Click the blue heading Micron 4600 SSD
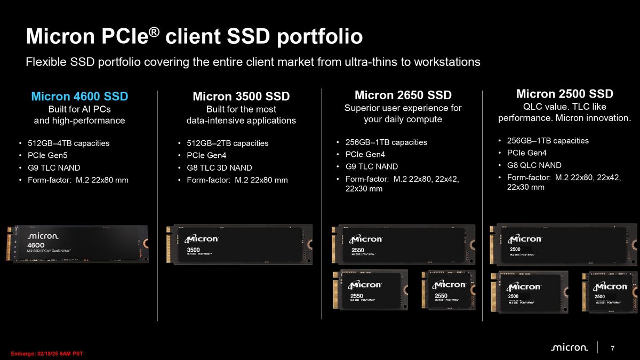click(x=79, y=97)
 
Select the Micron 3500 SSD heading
click(x=241, y=97)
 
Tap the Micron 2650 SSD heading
click(x=403, y=95)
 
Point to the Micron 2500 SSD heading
click(x=564, y=94)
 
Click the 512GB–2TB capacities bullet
click(x=228, y=143)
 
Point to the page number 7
click(x=613, y=348)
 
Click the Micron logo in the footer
click(x=569, y=348)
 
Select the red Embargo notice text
click(x=47, y=354)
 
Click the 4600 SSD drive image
click(x=77, y=243)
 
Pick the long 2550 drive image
click(x=403, y=244)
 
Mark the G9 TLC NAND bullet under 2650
click(x=371, y=166)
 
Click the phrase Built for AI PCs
click(x=79, y=109)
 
